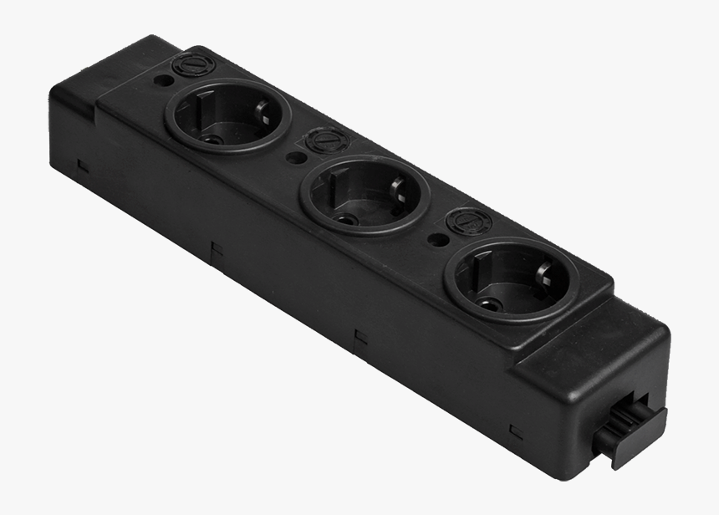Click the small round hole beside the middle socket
pyautogui.click(x=294, y=156)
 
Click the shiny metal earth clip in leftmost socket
pyautogui.click(x=262, y=109)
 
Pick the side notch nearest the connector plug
pyautogui.click(x=516, y=431)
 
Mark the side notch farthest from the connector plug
pyautogui.click(x=83, y=164)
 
